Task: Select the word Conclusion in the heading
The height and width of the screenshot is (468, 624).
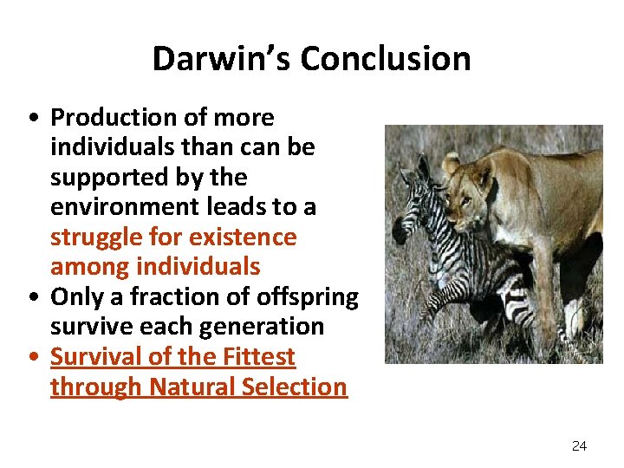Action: click(386, 59)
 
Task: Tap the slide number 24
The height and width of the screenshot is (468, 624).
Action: click(579, 445)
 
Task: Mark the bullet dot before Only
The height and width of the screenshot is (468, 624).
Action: click(32, 298)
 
